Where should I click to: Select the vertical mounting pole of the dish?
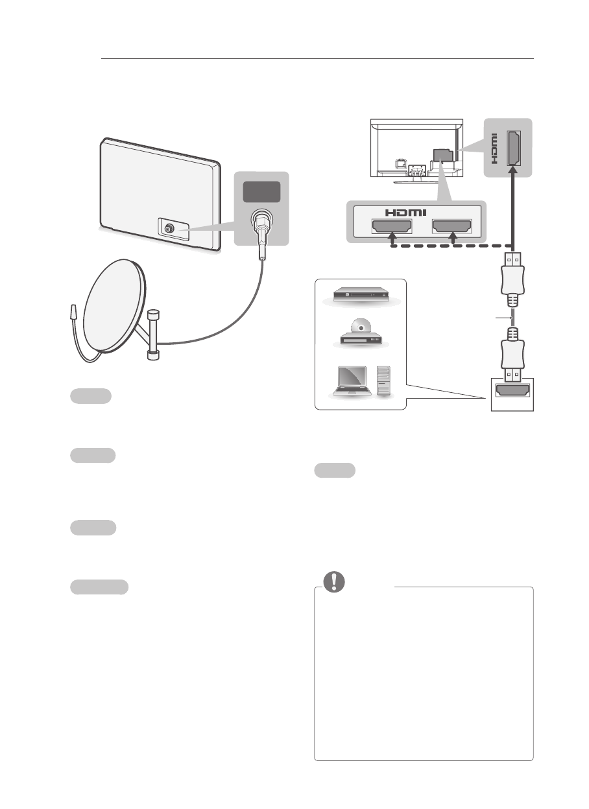coord(154,334)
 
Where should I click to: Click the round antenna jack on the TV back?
coord(169,229)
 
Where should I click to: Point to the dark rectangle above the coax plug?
coord(261,192)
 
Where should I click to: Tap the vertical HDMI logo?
coord(494,147)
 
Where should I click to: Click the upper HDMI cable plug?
coord(512,276)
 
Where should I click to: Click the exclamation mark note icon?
coord(334,582)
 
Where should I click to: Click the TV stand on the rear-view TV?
coord(416,172)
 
